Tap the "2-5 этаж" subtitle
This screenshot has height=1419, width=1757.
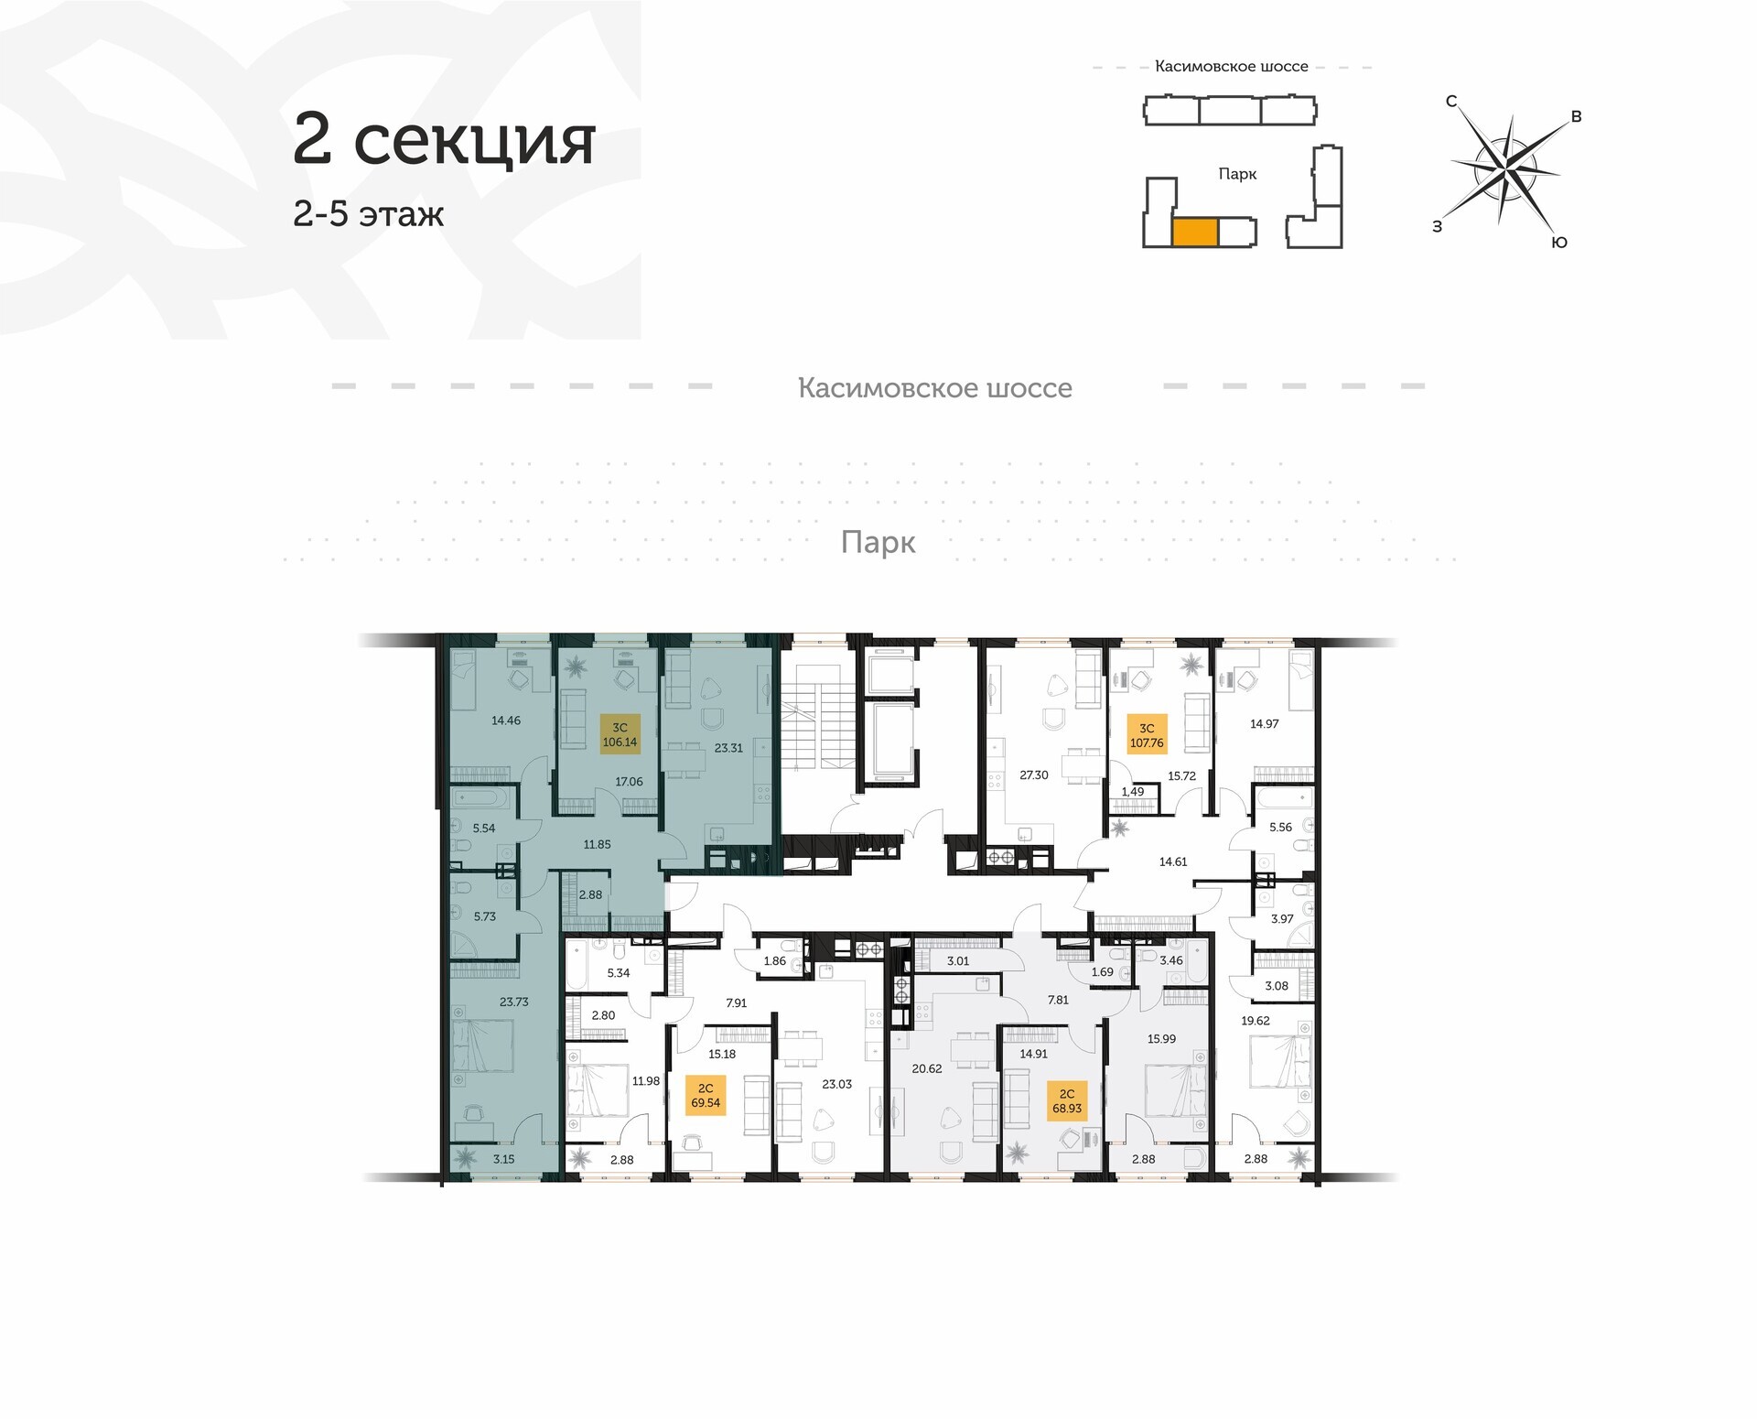pyautogui.click(x=368, y=213)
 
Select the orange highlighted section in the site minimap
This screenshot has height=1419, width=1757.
pyautogui.click(x=1194, y=233)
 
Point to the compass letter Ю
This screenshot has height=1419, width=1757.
pyautogui.click(x=1559, y=243)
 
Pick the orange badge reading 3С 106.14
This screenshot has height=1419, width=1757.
pyautogui.click(x=620, y=735)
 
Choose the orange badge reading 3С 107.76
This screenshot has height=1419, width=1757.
pyautogui.click(x=1147, y=735)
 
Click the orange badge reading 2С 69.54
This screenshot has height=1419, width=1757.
pyautogui.click(x=706, y=1096)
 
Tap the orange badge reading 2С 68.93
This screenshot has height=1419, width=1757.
pyautogui.click(x=1067, y=1100)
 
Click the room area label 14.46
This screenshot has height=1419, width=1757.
pyautogui.click(x=506, y=720)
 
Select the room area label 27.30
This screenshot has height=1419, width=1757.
pyautogui.click(x=1034, y=774)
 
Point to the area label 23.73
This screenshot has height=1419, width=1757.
pyautogui.click(x=514, y=1002)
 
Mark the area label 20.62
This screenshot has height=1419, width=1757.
pyautogui.click(x=927, y=1068)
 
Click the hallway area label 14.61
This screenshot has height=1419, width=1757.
pyautogui.click(x=1173, y=861)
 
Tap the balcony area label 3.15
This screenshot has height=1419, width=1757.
pyautogui.click(x=503, y=1159)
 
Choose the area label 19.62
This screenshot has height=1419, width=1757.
pyautogui.click(x=1256, y=1021)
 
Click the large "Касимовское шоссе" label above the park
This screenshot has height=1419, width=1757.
pyautogui.click(x=935, y=388)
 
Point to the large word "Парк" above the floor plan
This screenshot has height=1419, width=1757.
pyautogui.click(x=878, y=543)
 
